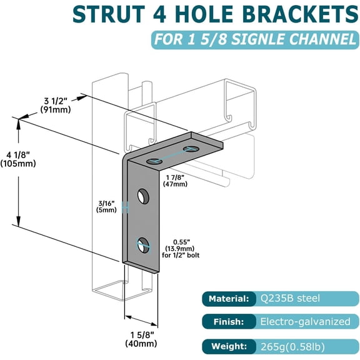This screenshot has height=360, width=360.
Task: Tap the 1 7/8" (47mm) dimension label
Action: pos(174,180)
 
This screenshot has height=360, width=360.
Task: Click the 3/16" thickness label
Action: pos(106,206)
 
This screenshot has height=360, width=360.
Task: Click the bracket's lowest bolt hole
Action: pos(143,243)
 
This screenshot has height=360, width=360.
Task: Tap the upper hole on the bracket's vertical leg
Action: pos(143,196)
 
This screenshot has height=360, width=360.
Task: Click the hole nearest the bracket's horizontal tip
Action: pos(191,149)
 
